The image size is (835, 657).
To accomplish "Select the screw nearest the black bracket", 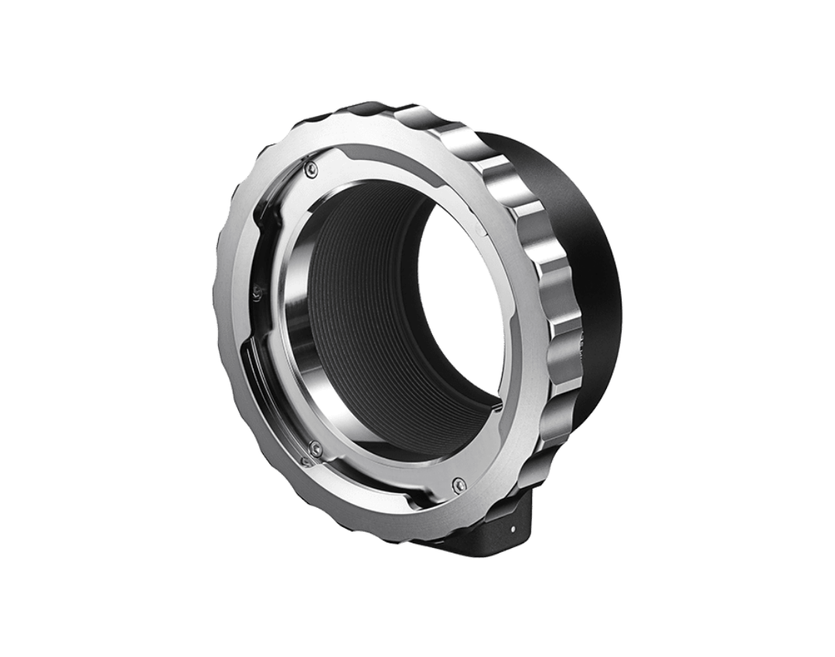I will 461,482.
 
